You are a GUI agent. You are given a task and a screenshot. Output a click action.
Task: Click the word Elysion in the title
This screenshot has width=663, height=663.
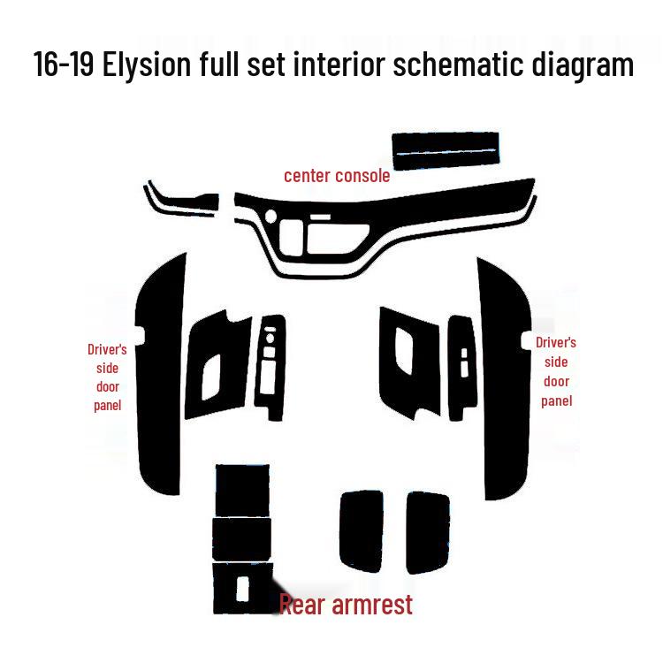[149, 65]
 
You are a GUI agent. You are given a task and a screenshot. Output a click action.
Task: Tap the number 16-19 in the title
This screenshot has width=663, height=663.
[65, 65]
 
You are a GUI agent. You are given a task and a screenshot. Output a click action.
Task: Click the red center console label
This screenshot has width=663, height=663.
[337, 176]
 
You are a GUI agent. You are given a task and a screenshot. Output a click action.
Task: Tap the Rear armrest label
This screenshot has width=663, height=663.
[346, 605]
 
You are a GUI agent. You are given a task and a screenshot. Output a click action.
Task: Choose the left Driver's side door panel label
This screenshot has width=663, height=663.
[107, 377]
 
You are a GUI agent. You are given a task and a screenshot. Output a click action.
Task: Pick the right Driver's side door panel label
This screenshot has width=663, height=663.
[556, 371]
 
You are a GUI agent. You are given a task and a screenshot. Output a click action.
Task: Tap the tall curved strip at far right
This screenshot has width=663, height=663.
[504, 380]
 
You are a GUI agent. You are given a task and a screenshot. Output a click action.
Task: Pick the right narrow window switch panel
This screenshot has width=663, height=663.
[461, 362]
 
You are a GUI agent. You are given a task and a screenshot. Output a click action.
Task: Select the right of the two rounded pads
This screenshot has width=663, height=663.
[427, 531]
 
